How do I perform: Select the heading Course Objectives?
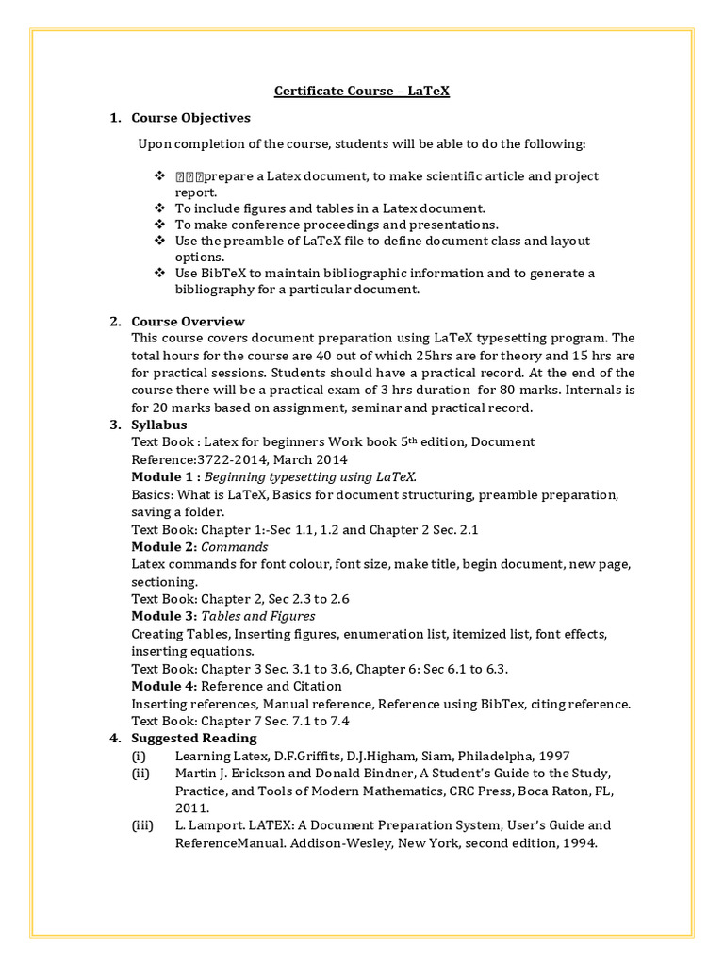pyautogui.click(x=190, y=118)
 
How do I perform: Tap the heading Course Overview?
pyautogui.click(x=188, y=322)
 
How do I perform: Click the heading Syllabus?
pyautogui.click(x=159, y=425)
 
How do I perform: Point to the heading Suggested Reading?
pyautogui.click(x=193, y=738)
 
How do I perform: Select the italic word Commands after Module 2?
pyautogui.click(x=235, y=547)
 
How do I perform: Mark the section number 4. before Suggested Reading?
pyautogui.click(x=114, y=738)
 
